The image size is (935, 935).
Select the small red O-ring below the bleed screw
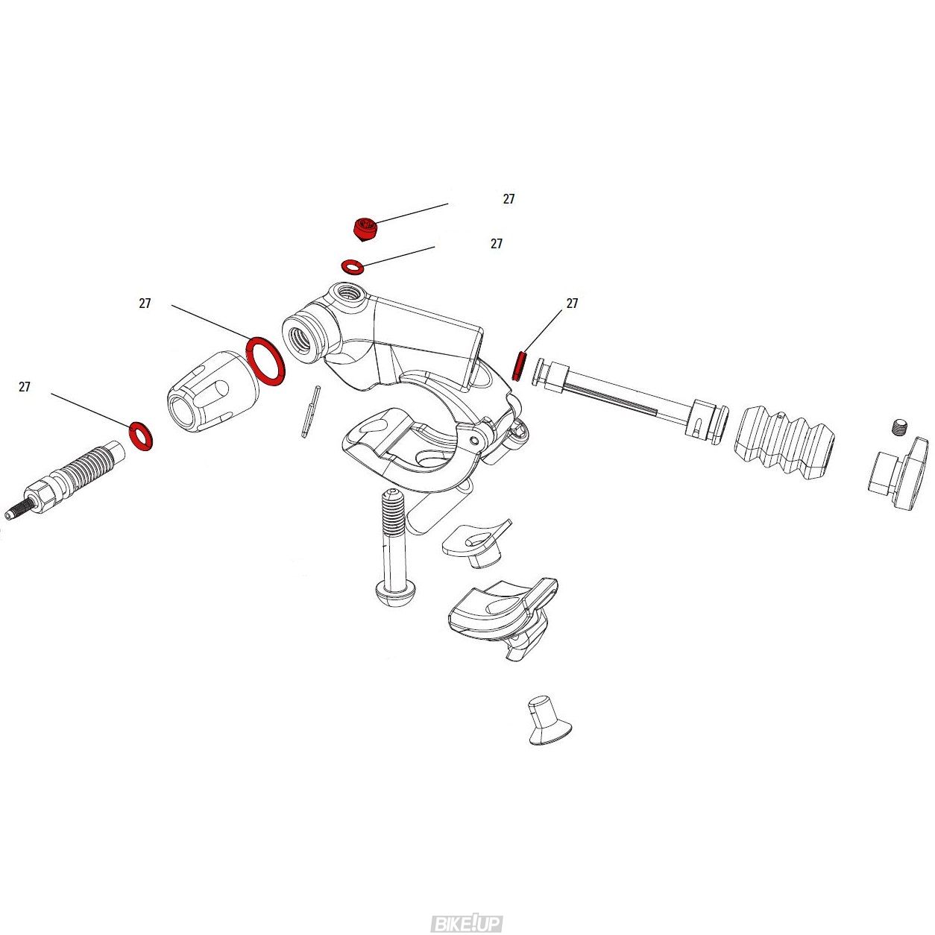[353, 266]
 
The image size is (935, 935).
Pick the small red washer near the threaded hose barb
[141, 435]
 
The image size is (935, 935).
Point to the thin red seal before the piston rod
[519, 366]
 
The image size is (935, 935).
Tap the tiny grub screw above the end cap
[900, 427]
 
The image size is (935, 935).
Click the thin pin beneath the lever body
[310, 412]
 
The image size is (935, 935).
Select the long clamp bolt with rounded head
[393, 546]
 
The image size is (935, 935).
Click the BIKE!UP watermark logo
[467, 910]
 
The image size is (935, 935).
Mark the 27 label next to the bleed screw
[509, 199]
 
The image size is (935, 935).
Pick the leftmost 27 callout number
[25, 387]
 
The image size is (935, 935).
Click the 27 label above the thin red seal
[573, 303]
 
